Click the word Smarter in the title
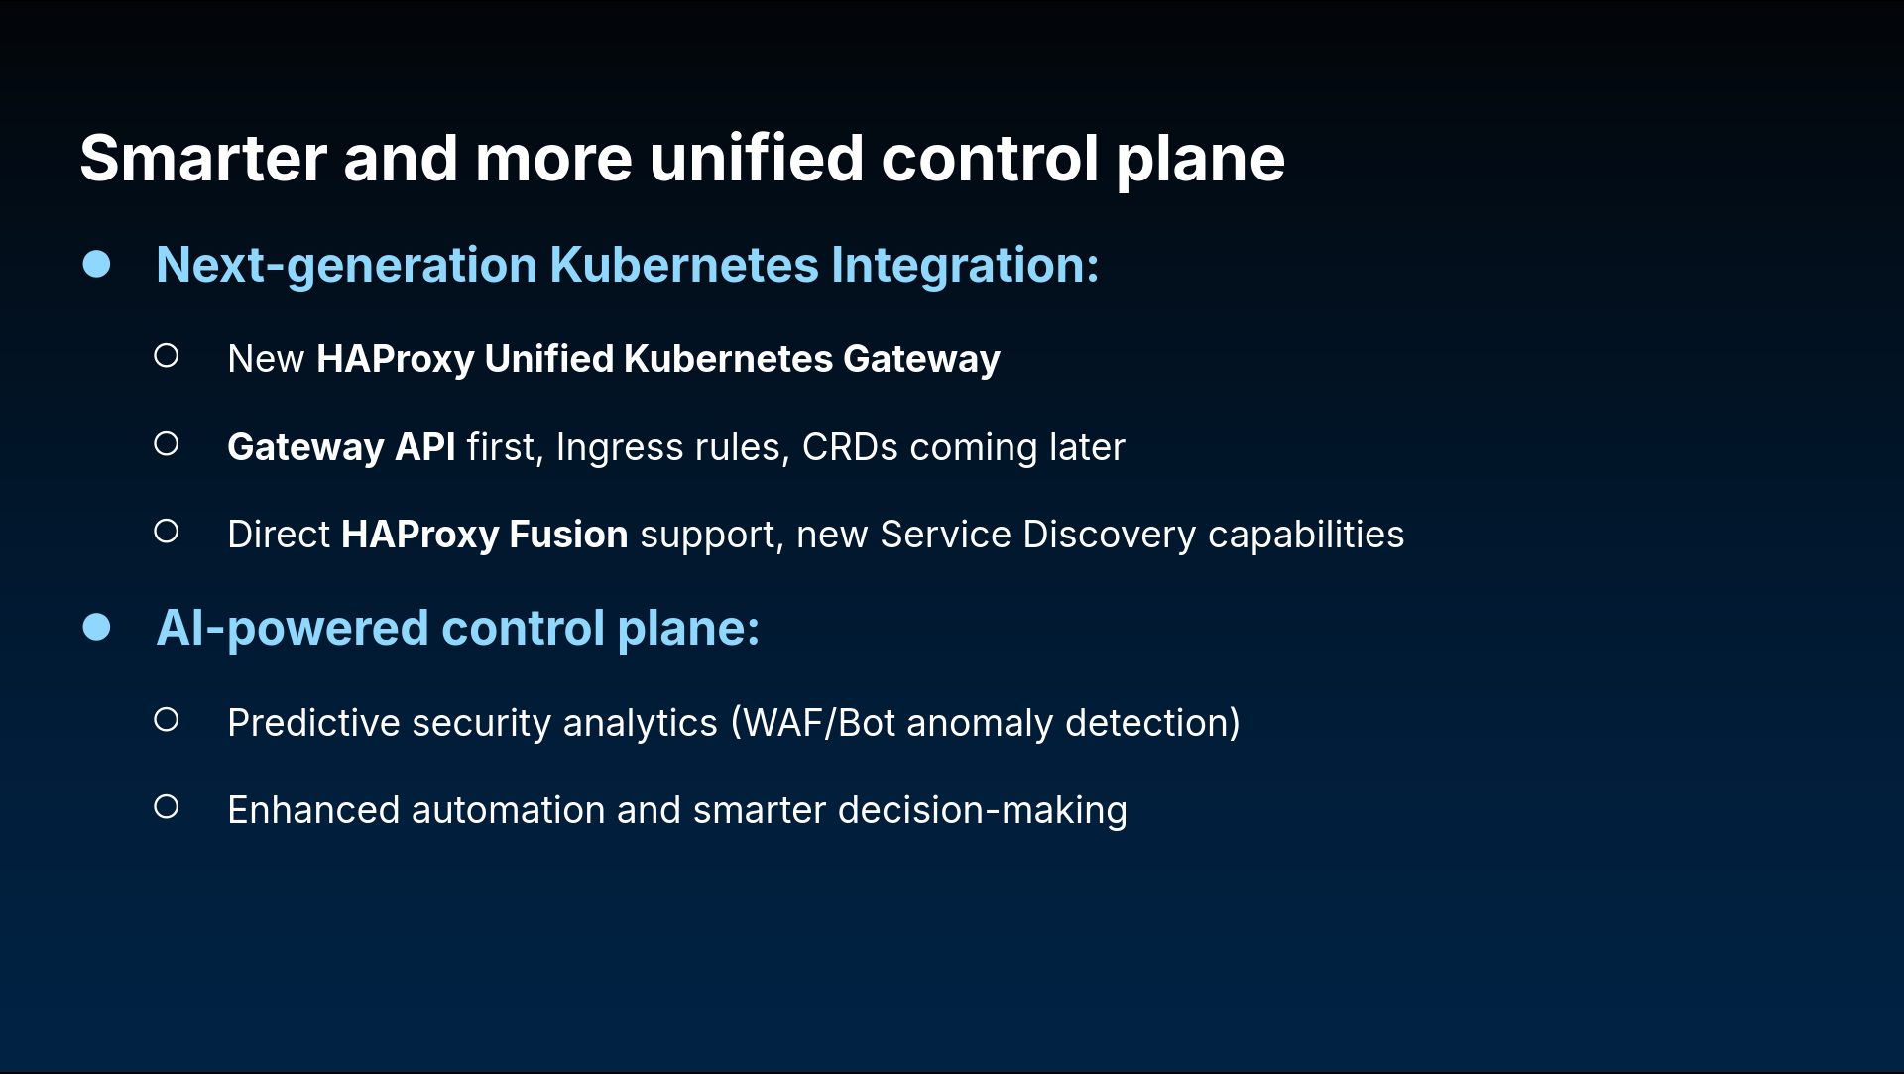coord(203,159)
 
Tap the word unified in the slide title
coord(757,159)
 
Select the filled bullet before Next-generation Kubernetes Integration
coord(96,264)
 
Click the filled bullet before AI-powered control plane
coord(96,627)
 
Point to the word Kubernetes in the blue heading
coord(684,265)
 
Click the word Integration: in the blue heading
coord(965,266)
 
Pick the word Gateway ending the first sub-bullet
coord(921,359)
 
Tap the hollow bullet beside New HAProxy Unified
coord(167,355)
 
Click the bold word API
coord(425,447)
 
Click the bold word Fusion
coord(568,535)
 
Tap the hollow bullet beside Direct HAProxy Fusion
coord(167,532)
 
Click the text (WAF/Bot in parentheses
coord(813,723)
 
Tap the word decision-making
coord(983,811)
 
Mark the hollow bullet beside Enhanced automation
coord(167,807)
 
